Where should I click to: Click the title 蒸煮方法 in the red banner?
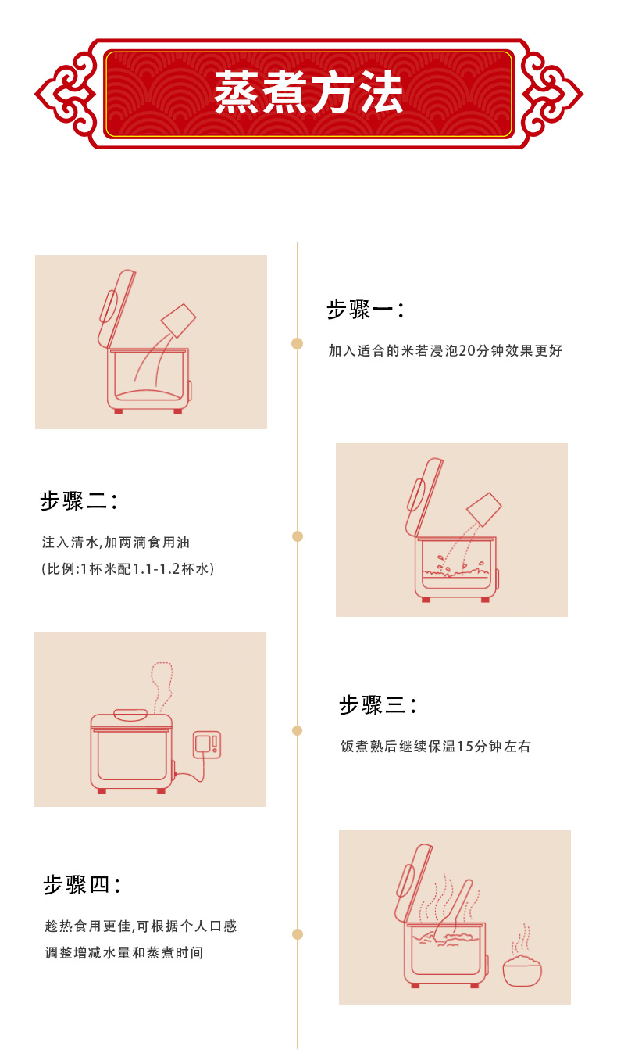coord(308,92)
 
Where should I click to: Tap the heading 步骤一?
coord(366,310)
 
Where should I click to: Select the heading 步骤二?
coord(78,501)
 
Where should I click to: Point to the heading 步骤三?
coord(378,705)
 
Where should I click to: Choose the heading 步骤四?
coord(81,884)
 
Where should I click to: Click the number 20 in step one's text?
coord(467,350)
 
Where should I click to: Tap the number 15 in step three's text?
coord(465,746)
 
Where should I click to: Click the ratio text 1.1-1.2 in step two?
coord(156,569)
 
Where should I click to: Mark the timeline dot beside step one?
coord(297,343)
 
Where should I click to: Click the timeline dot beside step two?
coord(298,536)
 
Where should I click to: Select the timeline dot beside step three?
coord(297,730)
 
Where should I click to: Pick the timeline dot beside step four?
coord(298,934)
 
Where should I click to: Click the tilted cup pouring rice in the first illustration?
coord(178,321)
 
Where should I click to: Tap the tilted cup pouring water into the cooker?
coord(484,510)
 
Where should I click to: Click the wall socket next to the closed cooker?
coord(207,745)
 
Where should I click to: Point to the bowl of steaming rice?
coord(522,968)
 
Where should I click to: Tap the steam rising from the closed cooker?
coord(161,687)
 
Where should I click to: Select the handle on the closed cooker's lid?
coord(131,715)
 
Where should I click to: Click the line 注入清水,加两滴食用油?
coord(116,543)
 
